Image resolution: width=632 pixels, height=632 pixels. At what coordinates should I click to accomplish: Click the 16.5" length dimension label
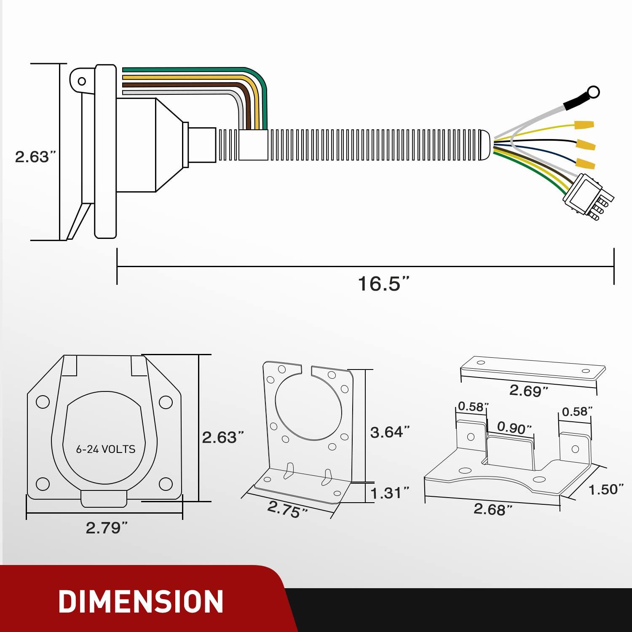[383, 284]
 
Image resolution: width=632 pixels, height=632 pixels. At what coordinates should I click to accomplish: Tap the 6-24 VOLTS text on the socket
[106, 449]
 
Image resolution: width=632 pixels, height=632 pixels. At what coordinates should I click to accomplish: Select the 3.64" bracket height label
[390, 432]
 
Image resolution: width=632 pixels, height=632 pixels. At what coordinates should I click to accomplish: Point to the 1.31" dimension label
[390, 493]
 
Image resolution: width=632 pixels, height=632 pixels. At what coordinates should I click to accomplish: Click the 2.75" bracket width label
[288, 510]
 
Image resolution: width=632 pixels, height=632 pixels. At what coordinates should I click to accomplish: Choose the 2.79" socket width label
[107, 528]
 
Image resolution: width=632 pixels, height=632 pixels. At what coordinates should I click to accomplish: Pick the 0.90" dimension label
[514, 428]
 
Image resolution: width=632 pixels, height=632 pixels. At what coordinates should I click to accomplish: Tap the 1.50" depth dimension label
[606, 490]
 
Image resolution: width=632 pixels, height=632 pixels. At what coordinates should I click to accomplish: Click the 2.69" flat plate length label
[528, 391]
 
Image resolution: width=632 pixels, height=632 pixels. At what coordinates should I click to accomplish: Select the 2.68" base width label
[493, 509]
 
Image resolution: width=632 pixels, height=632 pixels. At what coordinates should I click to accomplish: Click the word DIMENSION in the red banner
[141, 601]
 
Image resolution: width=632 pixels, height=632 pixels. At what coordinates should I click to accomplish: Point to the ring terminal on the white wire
[593, 91]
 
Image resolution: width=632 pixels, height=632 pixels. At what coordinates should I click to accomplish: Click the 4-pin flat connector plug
[588, 196]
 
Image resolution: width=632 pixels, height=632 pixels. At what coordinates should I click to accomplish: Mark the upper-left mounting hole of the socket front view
[43, 402]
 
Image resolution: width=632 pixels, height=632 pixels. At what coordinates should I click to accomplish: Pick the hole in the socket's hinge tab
[82, 81]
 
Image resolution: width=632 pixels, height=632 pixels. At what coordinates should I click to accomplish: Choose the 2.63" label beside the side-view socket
[35, 157]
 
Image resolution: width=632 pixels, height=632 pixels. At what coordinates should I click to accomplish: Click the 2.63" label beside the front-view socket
[223, 437]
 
